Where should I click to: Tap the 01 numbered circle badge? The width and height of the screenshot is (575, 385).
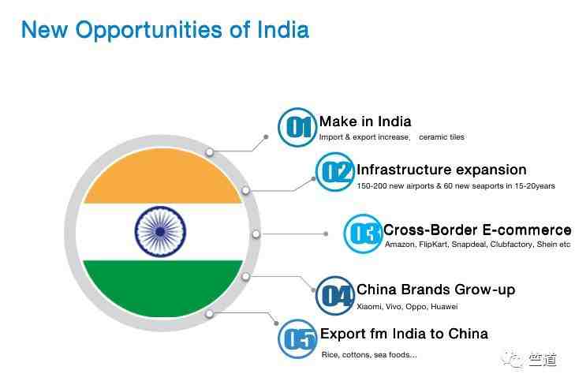(x=297, y=127)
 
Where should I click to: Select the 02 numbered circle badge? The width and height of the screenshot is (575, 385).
(x=334, y=172)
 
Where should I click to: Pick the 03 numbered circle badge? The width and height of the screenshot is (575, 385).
(x=363, y=234)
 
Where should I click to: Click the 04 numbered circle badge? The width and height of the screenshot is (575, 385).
(x=334, y=295)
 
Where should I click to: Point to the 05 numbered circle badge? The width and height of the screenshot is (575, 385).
(x=297, y=338)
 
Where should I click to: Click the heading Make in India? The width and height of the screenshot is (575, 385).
(x=365, y=121)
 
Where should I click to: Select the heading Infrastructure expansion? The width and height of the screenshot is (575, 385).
(x=442, y=170)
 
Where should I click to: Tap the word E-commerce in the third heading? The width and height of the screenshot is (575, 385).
(x=527, y=230)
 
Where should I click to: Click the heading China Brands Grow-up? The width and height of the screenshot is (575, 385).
(x=436, y=290)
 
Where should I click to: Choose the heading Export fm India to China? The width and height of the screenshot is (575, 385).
(x=404, y=334)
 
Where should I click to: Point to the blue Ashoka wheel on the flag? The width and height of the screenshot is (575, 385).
(x=160, y=232)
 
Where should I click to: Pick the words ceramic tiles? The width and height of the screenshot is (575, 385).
(x=442, y=137)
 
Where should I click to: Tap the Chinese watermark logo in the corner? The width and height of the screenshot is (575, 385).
(x=530, y=360)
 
